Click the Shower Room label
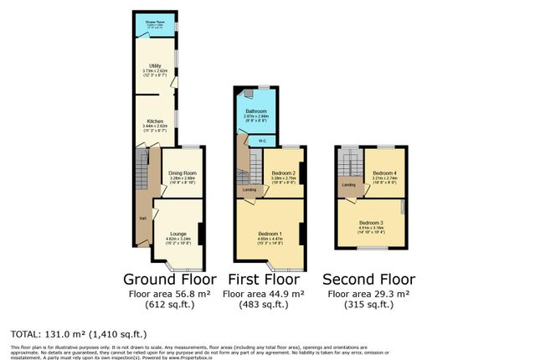[x=154, y=23]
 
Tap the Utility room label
[x=155, y=64]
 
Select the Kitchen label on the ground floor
[x=155, y=121]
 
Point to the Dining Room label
[x=182, y=172]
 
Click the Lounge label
[x=177, y=233]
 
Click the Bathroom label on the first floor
[x=255, y=111]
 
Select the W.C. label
[x=262, y=140]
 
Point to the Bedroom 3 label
[x=372, y=222]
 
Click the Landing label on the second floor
[x=348, y=184]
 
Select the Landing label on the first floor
[x=249, y=190]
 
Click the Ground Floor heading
[x=170, y=279]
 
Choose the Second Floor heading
[x=370, y=279]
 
